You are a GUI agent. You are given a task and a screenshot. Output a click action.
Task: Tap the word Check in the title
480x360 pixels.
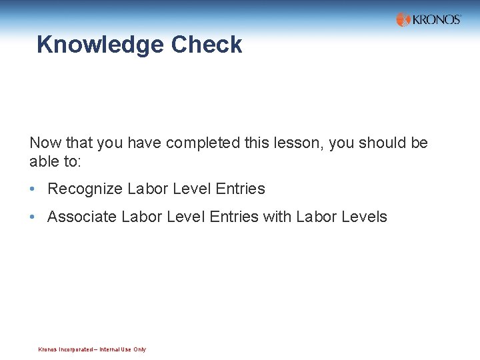tap(207, 45)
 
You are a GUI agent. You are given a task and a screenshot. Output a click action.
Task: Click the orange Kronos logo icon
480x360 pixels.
tap(403, 19)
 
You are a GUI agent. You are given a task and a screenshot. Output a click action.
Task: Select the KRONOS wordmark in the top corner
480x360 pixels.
tap(437, 19)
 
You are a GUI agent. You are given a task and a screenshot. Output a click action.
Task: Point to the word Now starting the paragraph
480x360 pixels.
tap(44, 143)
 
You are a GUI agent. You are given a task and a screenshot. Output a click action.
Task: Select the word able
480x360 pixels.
tap(42, 161)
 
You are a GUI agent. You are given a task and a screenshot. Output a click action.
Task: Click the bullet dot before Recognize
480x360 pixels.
tap(32, 189)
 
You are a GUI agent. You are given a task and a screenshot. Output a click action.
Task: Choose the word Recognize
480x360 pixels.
tap(85, 189)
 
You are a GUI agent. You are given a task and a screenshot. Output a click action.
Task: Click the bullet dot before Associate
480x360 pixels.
tap(32, 217)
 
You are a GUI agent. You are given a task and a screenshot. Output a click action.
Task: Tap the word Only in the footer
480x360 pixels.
tap(139, 349)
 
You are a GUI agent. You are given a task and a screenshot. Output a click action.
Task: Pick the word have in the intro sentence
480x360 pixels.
tap(145, 143)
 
